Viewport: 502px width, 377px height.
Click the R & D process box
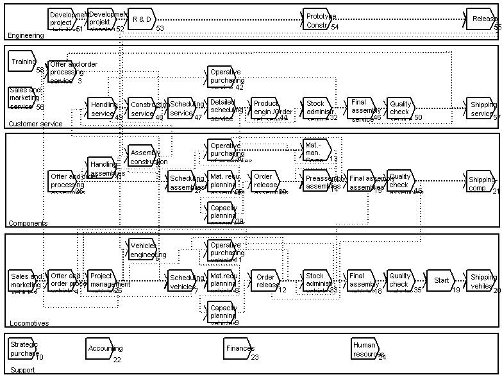tap(142, 19)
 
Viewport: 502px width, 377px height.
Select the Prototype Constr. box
tap(318, 19)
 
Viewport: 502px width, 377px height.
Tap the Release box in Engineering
tap(481, 19)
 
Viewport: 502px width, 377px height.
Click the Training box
tap(23, 62)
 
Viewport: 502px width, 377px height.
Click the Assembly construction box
tap(142, 156)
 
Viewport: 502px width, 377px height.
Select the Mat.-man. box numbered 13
tap(317, 150)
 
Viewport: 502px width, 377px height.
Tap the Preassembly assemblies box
tap(318, 181)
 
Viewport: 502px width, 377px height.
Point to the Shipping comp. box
tap(481, 181)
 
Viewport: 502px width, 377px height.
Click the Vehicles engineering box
tap(142, 249)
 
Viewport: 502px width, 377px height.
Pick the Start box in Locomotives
tap(440, 280)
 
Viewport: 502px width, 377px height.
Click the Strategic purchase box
tap(23, 348)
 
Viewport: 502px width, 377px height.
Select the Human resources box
tap(365, 348)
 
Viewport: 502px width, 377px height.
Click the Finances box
tap(238, 348)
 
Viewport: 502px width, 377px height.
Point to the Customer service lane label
tap(36, 124)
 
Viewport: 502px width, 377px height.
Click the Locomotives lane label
tap(29, 323)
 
